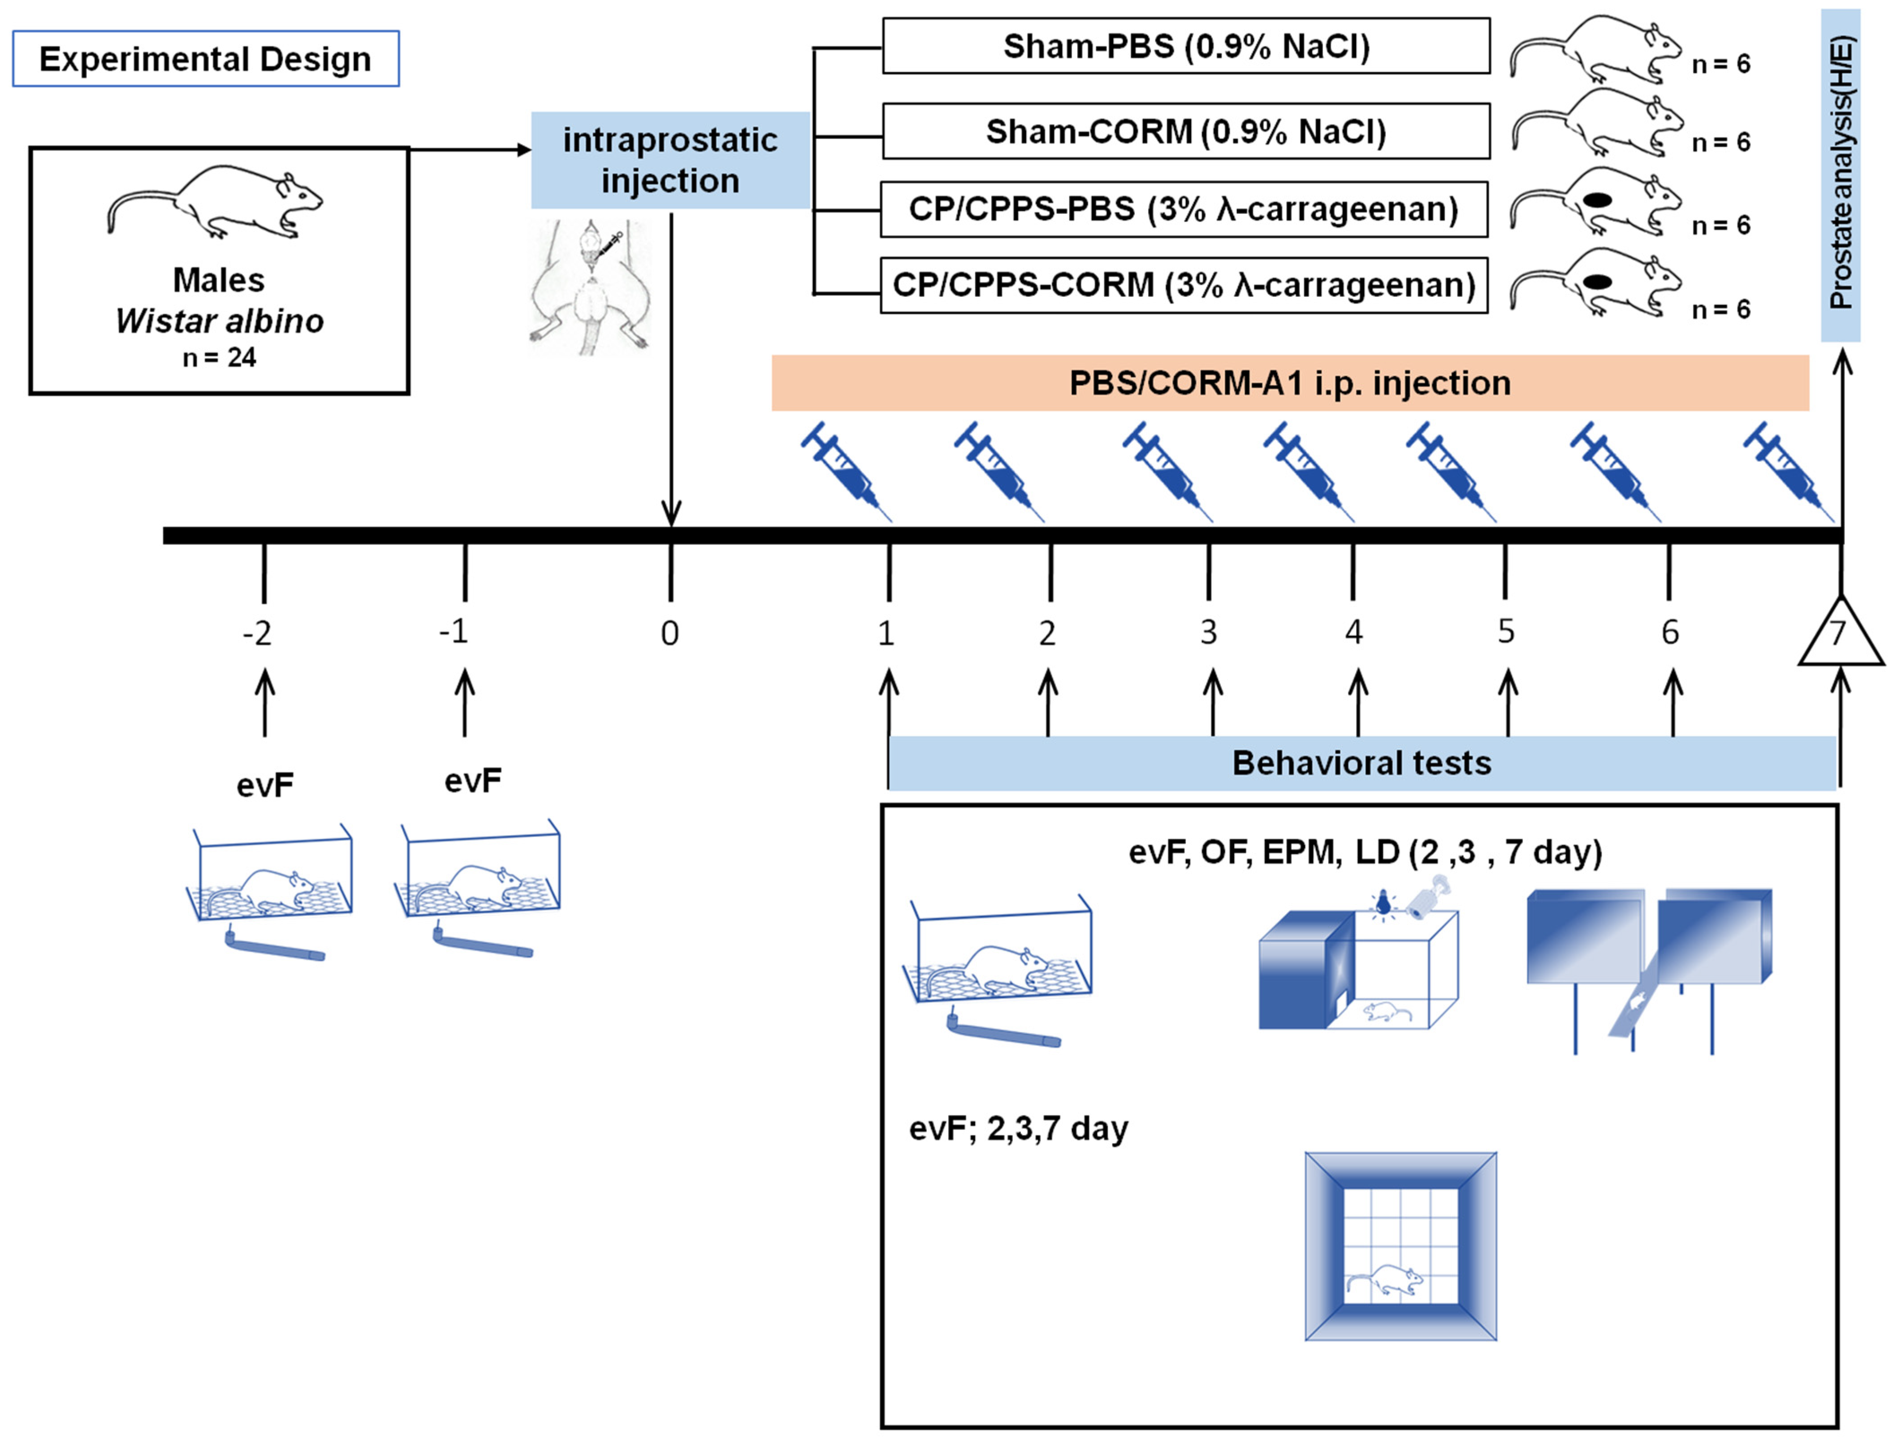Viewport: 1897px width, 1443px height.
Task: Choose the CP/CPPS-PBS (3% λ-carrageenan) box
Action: [x=1184, y=209]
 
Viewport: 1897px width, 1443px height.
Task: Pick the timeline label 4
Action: [x=1353, y=633]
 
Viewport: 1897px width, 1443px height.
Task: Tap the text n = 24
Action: [x=219, y=357]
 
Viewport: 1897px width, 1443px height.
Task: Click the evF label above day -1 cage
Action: [x=472, y=781]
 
